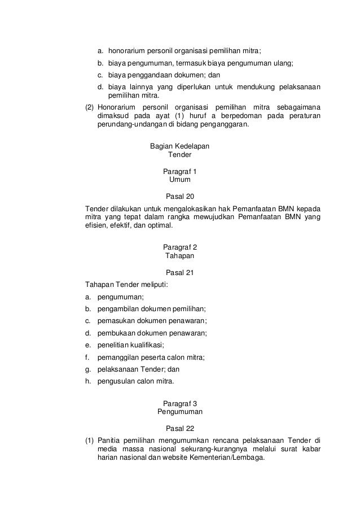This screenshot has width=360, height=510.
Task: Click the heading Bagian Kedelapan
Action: coord(179,146)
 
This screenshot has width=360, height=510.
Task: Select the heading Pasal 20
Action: coord(179,197)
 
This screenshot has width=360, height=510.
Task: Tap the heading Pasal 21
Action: coord(179,273)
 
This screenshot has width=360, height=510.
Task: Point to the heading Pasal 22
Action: coord(179,428)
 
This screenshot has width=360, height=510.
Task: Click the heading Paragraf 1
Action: coord(179,171)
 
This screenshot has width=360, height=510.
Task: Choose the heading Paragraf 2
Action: coord(179,247)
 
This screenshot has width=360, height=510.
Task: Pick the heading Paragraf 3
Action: coord(179,403)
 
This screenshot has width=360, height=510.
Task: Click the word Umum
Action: coord(179,180)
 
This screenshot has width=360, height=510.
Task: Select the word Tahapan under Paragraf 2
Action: coord(179,256)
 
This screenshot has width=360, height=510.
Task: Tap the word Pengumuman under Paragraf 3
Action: coord(179,412)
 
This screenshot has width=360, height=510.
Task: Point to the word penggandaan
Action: coord(150,75)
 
